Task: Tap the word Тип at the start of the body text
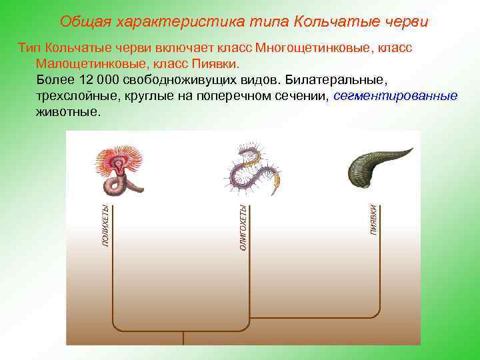(30, 49)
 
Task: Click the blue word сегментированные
(395, 96)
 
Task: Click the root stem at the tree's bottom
(183, 338)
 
